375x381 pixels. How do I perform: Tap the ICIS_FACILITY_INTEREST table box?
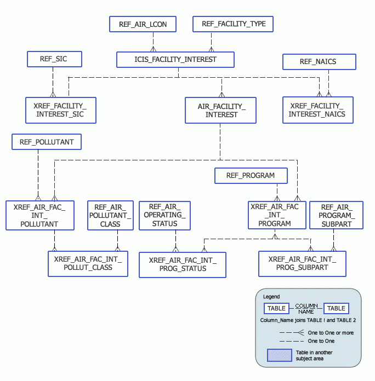pyautogui.click(x=175, y=60)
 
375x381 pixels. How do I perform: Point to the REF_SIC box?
pyautogui.click(x=54, y=59)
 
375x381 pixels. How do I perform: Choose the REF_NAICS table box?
pyautogui.click(x=318, y=62)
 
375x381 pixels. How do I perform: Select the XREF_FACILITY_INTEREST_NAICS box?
pyautogui.click(x=317, y=110)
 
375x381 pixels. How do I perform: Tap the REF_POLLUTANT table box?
pyautogui.click(x=47, y=142)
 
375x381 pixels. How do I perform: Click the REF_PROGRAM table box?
pyautogui.click(x=251, y=176)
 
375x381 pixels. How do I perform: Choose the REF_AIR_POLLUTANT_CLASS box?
pyautogui.click(x=110, y=215)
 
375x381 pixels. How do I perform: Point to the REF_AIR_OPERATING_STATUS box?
pyautogui.click(x=165, y=215)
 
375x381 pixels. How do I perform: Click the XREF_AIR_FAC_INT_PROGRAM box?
pyautogui.click(x=275, y=215)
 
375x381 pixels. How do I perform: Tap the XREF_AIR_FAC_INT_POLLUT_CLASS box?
pyautogui.click(x=88, y=263)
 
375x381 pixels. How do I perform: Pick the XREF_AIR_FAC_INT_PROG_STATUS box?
pyautogui.click(x=183, y=264)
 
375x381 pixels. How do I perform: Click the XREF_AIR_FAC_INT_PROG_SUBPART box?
pyautogui.click(x=302, y=263)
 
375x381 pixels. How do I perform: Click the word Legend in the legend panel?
pyautogui.click(x=271, y=297)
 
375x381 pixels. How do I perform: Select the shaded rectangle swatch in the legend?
pyautogui.click(x=280, y=355)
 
